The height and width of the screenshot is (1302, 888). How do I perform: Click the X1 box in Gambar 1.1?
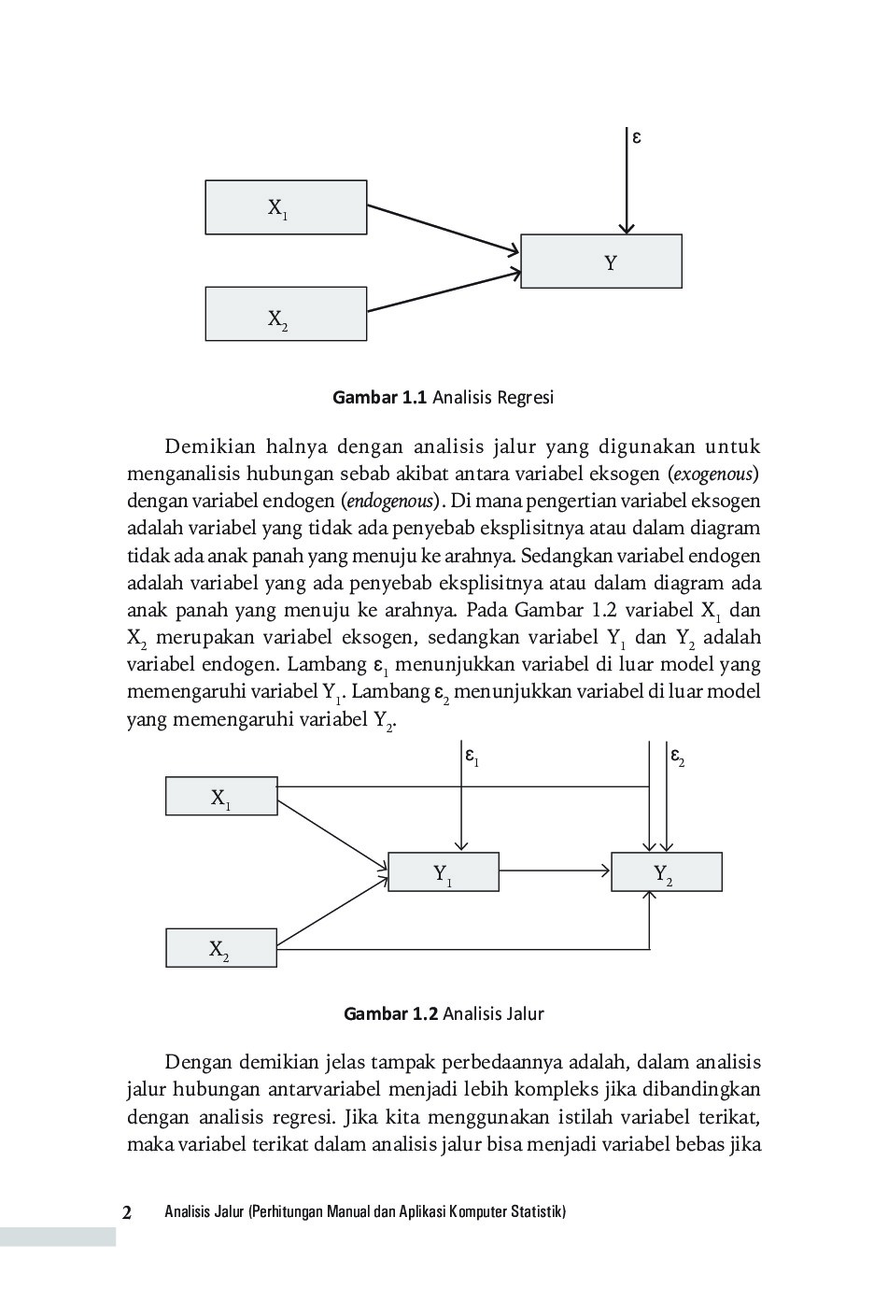pyautogui.click(x=286, y=207)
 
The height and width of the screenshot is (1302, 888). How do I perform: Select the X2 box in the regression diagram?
pyautogui.click(x=286, y=314)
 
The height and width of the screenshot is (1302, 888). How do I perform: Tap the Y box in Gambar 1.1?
pyautogui.click(x=600, y=262)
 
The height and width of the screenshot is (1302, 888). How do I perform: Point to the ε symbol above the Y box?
pyautogui.click(x=637, y=137)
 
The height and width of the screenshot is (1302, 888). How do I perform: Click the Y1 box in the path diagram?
pyautogui.click(x=443, y=872)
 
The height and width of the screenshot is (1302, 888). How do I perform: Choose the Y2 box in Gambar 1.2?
pyautogui.click(x=666, y=872)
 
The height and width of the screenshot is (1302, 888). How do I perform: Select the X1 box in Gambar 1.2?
pyautogui.click(x=221, y=797)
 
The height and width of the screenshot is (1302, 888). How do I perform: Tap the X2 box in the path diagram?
pyautogui.click(x=221, y=948)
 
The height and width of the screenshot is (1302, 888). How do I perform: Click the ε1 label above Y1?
pyautogui.click(x=472, y=756)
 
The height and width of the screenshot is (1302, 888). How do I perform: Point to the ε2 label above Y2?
pyautogui.click(x=677, y=756)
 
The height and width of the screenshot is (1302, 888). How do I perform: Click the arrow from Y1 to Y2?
pyautogui.click(x=555, y=871)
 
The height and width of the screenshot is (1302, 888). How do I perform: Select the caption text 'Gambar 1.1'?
pyautogui.click(x=379, y=398)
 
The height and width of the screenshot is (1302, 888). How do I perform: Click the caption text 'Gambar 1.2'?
pyautogui.click(x=390, y=1013)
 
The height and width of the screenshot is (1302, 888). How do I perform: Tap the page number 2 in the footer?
pyautogui.click(x=127, y=1212)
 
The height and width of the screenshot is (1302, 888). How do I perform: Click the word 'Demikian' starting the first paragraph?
pyautogui.click(x=210, y=446)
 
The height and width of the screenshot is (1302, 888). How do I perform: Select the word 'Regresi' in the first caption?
pyautogui.click(x=525, y=398)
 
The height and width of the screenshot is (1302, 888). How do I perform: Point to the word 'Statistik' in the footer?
pyautogui.click(x=536, y=1212)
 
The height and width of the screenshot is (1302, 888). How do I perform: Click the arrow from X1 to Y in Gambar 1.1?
pyautogui.click(x=443, y=229)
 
